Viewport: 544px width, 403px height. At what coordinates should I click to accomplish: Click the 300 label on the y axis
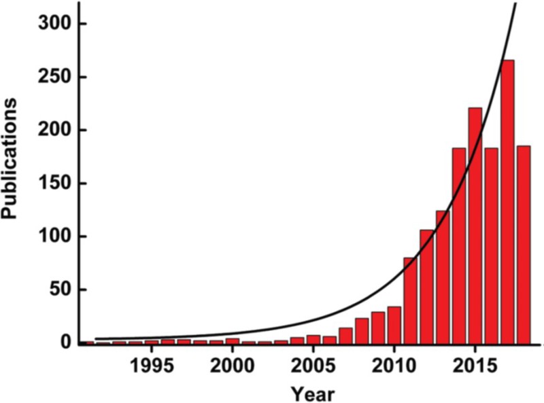point(54,24)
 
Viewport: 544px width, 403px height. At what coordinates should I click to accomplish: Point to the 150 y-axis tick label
point(54,183)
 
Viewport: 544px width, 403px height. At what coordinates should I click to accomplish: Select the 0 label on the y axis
point(65,343)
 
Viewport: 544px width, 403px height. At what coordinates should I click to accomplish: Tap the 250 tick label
point(54,77)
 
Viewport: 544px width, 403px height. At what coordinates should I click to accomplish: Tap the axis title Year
point(313,392)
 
